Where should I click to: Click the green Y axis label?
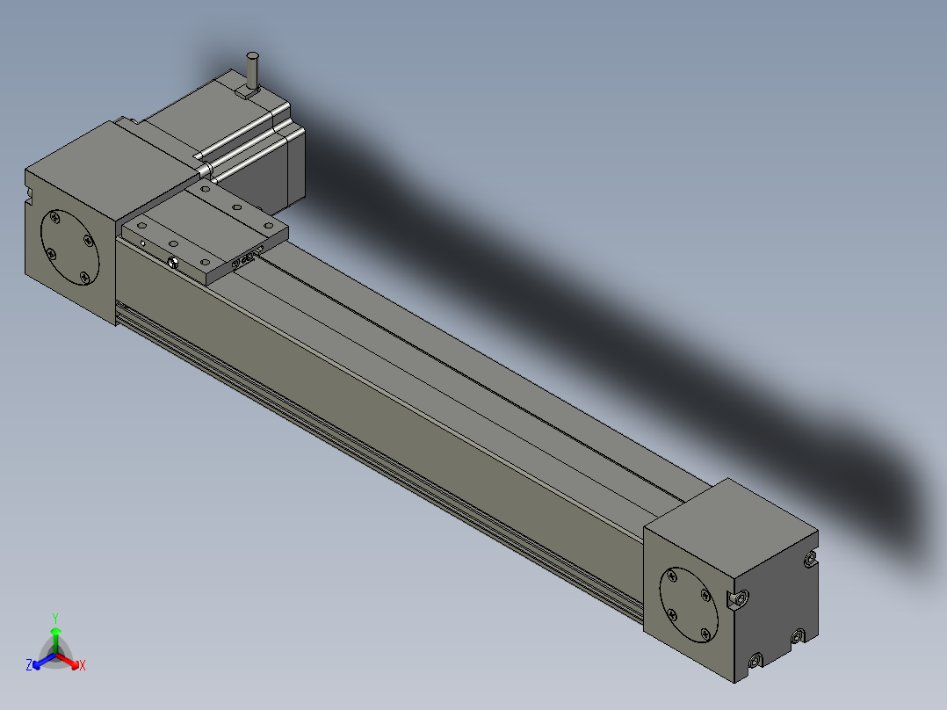click(x=55, y=618)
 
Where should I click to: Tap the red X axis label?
click(x=83, y=665)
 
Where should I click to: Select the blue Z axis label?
click(x=29, y=665)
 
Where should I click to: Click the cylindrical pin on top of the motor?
click(x=252, y=71)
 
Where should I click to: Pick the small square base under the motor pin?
click(x=247, y=92)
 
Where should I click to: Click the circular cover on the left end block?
click(x=69, y=248)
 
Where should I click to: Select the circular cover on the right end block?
click(x=689, y=605)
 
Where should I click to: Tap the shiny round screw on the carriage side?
click(x=173, y=262)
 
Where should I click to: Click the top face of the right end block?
click(x=731, y=516)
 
